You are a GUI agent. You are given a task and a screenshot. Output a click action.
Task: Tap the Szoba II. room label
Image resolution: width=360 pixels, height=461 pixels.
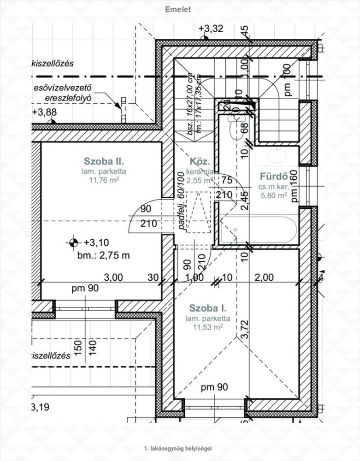[x=104, y=161]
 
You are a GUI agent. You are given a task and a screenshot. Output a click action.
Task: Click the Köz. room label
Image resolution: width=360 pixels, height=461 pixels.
[x=200, y=162]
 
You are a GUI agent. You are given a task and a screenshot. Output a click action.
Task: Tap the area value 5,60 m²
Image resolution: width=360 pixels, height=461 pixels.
[x=274, y=195]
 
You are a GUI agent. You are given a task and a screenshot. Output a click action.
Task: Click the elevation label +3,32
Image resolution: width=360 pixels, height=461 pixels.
[x=211, y=29]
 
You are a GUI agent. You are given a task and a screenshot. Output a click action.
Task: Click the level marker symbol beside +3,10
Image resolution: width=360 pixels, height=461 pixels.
[x=72, y=242]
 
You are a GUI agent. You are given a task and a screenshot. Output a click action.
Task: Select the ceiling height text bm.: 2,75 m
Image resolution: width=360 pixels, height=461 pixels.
[x=103, y=255]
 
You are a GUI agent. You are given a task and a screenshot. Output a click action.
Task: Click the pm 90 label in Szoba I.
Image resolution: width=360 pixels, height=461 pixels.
[x=215, y=388]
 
